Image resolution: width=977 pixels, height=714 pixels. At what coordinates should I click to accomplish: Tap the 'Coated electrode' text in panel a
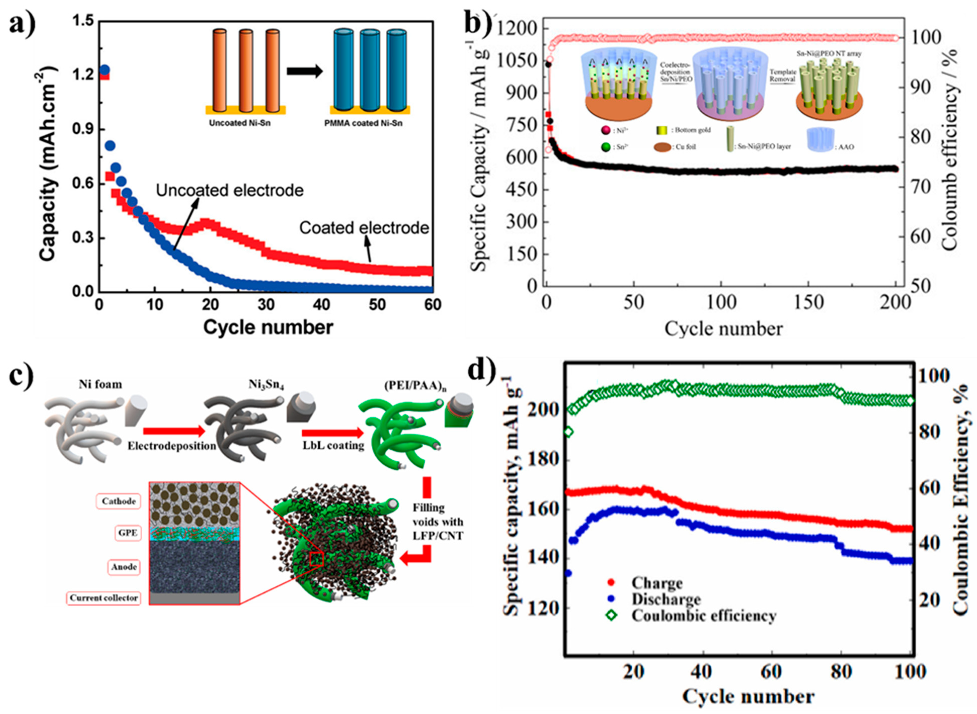click(x=364, y=228)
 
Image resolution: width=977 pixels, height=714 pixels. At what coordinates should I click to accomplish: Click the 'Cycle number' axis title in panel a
click(x=268, y=327)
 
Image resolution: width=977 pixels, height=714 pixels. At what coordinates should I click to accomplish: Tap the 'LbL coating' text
click(x=333, y=445)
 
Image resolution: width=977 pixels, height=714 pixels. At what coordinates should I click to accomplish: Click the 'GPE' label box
click(x=128, y=533)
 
